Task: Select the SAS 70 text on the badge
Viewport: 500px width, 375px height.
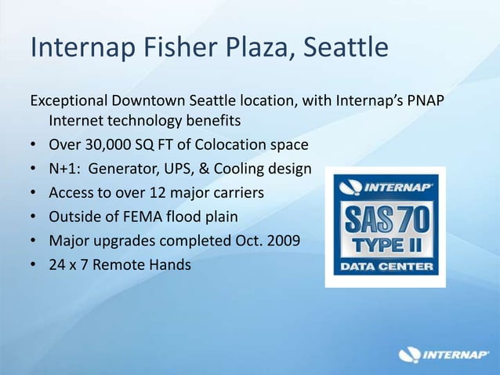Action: [x=385, y=217]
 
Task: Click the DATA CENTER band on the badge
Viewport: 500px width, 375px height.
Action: [x=385, y=266]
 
